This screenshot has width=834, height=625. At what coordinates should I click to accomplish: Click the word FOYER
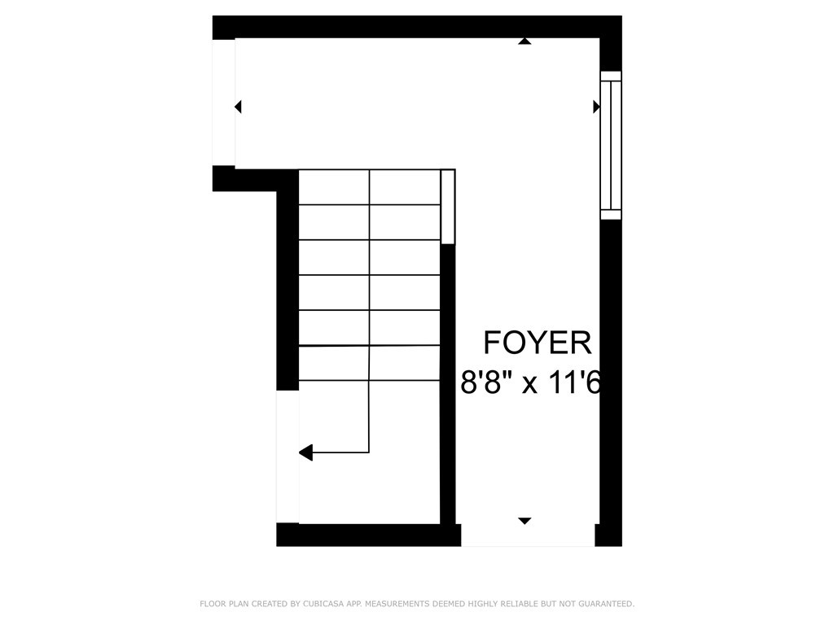coord(538,343)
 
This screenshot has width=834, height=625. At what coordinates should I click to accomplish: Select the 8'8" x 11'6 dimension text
coord(530,382)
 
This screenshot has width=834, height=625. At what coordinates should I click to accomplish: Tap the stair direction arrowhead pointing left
coord(305,452)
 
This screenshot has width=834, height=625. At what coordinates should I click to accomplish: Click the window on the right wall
coord(611,145)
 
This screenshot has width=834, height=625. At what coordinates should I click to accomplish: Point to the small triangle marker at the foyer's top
coord(525,41)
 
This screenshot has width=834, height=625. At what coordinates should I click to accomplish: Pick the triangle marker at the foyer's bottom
coord(525,520)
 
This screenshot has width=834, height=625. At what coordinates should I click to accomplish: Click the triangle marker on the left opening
coord(238,107)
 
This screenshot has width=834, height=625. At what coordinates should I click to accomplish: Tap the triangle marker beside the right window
coord(596,107)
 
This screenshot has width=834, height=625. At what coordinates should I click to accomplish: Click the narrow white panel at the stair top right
coord(447,207)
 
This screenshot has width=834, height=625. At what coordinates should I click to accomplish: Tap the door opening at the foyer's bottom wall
coord(528,535)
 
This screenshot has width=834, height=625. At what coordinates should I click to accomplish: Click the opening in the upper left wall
coord(223,103)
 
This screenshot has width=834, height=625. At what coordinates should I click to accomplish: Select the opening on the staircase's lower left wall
coord(288,456)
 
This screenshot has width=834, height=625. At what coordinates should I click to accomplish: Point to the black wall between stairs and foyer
coord(447,382)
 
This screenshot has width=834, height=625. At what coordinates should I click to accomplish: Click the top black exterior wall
coord(407,27)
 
